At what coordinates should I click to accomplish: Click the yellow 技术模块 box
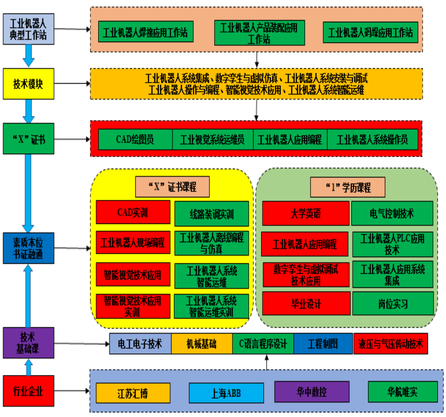(x=28, y=84)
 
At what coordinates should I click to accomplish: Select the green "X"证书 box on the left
(x=28, y=139)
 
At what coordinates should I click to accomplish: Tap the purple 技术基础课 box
(x=28, y=343)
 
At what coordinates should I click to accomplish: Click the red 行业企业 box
(x=28, y=391)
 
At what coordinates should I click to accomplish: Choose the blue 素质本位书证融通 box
(x=28, y=248)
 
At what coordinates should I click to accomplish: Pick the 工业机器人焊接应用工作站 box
(x=146, y=32)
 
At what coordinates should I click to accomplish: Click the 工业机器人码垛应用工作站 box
(x=370, y=32)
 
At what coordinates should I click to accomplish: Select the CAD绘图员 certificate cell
(x=135, y=139)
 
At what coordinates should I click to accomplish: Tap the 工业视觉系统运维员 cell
(x=213, y=139)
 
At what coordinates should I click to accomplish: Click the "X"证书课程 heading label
(x=172, y=187)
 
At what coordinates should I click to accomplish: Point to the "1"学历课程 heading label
(x=348, y=187)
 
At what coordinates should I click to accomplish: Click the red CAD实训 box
(x=133, y=212)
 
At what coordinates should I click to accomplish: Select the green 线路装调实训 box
(x=212, y=214)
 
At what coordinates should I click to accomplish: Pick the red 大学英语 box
(x=306, y=213)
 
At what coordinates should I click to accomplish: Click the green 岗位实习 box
(x=393, y=304)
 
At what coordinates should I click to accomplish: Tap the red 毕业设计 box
(x=306, y=304)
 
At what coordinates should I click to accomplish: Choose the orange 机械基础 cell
(x=202, y=344)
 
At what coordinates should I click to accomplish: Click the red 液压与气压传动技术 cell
(x=391, y=344)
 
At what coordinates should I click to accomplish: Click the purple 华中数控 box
(x=312, y=392)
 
